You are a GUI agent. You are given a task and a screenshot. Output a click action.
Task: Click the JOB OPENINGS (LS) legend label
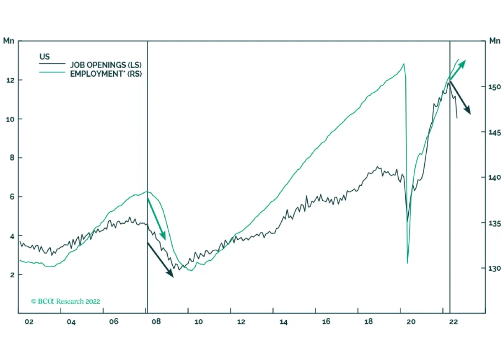coord(109,65)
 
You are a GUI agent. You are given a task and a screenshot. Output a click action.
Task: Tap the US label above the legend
coord(44,56)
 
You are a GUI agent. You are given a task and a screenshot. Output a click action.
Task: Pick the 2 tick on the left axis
coord(8,275)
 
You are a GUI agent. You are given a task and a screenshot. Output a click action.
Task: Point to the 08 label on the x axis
coord(156,322)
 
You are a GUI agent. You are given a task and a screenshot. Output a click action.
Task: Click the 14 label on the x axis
coord(283,322)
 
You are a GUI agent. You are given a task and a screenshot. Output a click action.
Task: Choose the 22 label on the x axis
coord(453,322)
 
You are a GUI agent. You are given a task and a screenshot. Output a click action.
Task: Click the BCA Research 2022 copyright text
coord(66,301)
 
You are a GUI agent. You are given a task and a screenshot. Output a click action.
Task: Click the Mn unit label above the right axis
coord(495,41)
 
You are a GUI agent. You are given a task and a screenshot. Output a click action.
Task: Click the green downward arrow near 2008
coord(157,218)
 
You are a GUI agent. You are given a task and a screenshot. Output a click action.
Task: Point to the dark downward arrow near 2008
coord(160,259)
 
